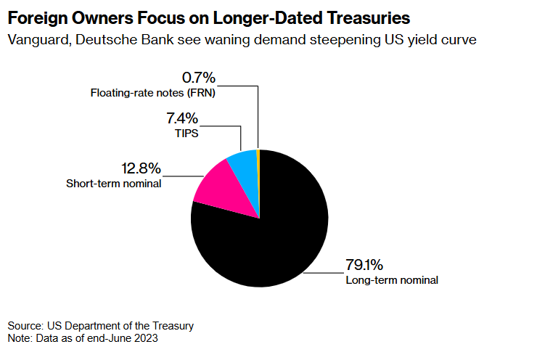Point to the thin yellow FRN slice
(258, 155)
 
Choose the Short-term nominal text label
(113, 184)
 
